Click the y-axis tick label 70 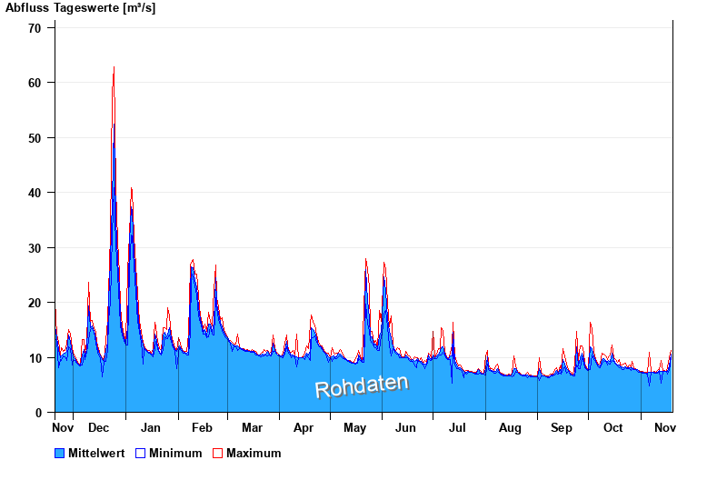click(35, 27)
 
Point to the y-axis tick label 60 click(35, 83)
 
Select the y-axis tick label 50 click(35, 138)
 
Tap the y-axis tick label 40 click(35, 193)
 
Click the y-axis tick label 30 click(35, 248)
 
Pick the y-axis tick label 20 click(35, 303)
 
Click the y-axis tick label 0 click(38, 413)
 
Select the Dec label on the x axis click(99, 427)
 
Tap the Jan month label click(151, 427)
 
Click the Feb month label click(202, 427)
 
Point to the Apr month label click(304, 427)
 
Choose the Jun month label click(406, 427)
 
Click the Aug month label click(510, 427)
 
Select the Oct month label click(613, 427)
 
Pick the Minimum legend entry click(169, 453)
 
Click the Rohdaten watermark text click(362, 385)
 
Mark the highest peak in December click(114, 67)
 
